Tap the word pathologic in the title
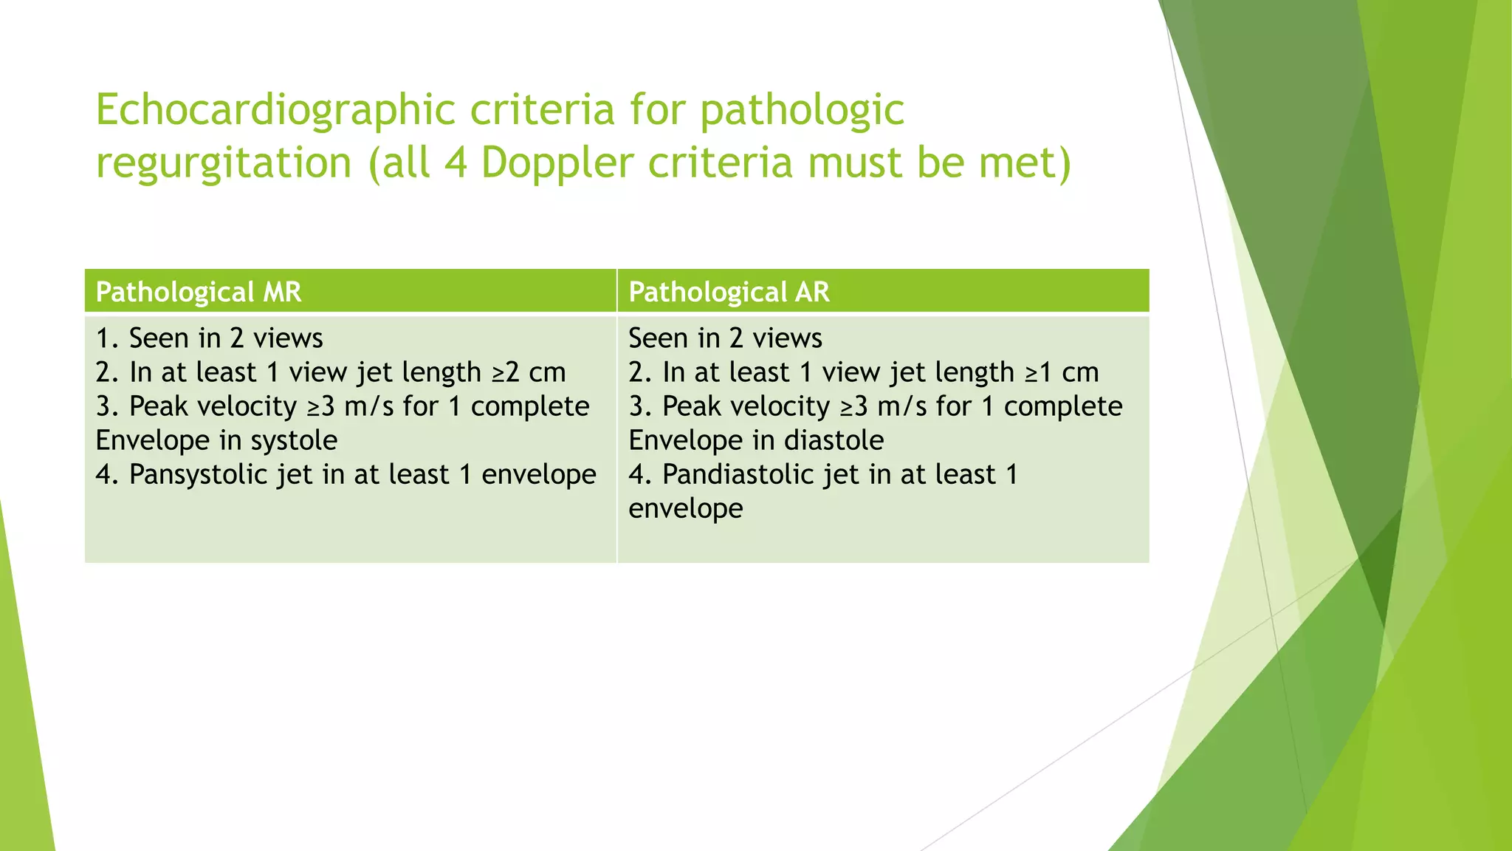802,111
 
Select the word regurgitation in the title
224,163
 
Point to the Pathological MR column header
199,293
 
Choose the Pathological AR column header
729,293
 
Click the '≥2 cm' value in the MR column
529,372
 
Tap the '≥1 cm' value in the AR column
1062,372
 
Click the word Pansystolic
198,474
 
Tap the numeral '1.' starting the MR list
107,338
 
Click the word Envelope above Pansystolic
153,440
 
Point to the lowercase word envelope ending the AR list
685,508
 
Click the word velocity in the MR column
250,406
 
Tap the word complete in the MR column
530,406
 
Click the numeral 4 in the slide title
456,163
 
